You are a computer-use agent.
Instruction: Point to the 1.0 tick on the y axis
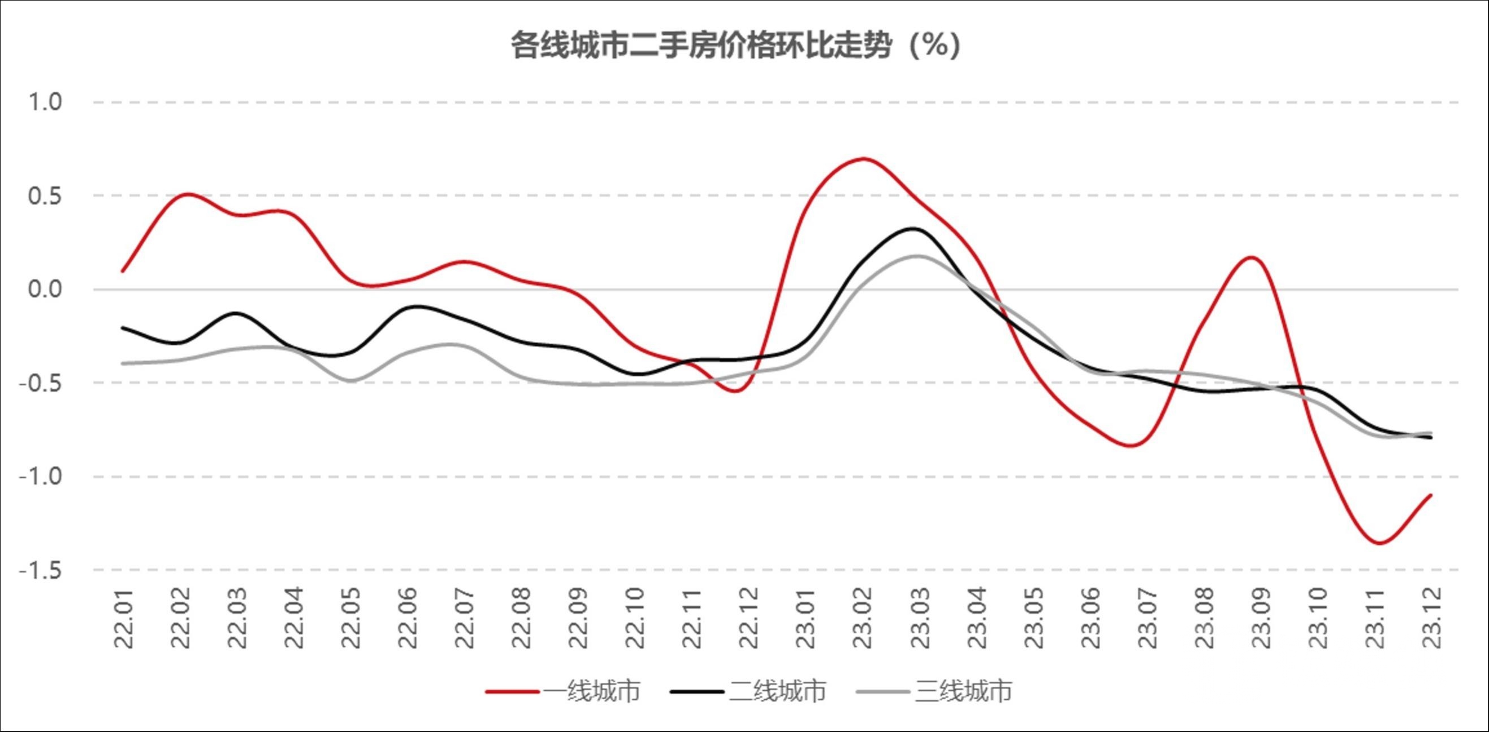tap(45, 102)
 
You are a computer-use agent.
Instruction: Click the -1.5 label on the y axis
tap(41, 571)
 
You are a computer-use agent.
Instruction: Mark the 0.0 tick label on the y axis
tap(45, 289)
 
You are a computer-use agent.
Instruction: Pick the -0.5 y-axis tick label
tap(41, 383)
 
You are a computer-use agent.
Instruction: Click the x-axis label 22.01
tap(124, 619)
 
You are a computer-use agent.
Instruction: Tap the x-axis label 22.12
tap(749, 619)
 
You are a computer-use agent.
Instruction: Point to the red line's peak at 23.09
tap(1252, 257)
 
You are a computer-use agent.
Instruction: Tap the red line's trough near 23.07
tap(1130, 446)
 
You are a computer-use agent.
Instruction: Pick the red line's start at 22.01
tap(123, 271)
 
